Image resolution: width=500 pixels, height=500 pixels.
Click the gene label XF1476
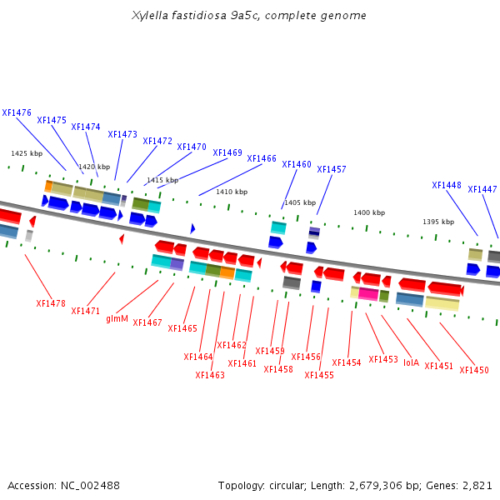[17, 112]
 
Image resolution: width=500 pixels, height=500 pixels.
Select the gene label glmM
[117, 318]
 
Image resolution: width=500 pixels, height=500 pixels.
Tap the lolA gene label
[411, 362]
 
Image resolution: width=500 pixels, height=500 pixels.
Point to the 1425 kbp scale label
[27, 153]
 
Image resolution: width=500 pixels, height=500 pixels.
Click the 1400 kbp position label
[369, 212]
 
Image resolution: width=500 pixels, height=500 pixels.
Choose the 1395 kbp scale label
[438, 222]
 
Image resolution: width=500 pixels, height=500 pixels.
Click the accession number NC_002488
[90, 486]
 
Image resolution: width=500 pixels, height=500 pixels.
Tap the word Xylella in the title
[150, 15]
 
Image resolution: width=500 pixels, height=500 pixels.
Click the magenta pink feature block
[368, 293]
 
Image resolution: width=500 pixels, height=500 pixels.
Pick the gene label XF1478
[51, 303]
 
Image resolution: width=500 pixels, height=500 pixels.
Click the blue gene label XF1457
[332, 169]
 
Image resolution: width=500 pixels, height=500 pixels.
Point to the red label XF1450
[474, 370]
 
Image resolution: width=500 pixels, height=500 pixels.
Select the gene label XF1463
[210, 375]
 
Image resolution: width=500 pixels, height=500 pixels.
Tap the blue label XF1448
[447, 185]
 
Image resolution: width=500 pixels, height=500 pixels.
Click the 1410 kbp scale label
[232, 192]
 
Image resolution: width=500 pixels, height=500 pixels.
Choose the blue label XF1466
[262, 158]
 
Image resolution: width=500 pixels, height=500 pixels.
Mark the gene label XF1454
[347, 362]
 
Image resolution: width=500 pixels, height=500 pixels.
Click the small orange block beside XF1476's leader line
[48, 186]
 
